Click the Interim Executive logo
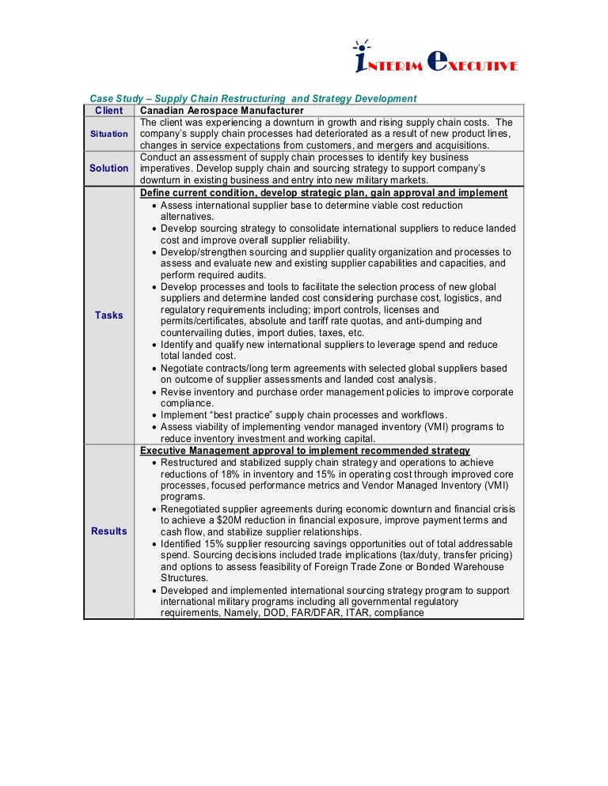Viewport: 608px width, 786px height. click(x=435, y=60)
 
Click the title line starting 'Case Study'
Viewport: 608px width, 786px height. click(x=253, y=99)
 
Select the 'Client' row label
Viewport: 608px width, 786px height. click(x=108, y=111)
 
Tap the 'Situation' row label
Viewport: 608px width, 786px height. click(x=108, y=134)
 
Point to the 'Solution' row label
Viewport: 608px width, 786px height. click(x=108, y=168)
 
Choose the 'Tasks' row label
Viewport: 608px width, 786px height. click(x=108, y=315)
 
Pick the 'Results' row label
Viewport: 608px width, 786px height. click(x=108, y=531)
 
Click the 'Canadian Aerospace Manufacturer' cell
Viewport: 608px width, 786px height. click(x=222, y=111)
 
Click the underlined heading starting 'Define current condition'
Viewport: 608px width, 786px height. click(x=324, y=193)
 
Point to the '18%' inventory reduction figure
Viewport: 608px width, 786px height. click(x=237, y=474)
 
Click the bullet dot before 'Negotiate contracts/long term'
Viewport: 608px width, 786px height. click(x=154, y=368)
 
